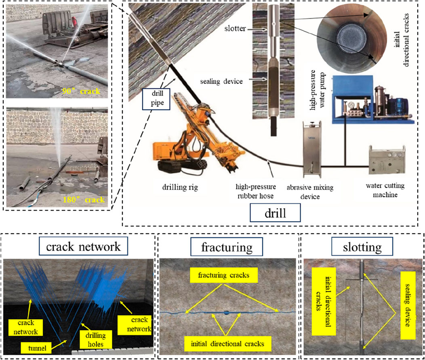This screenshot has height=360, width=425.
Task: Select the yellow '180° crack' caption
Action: [84, 199]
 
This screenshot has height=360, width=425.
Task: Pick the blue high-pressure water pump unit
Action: [372, 99]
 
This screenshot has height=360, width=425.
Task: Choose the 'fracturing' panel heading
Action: [228, 246]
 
